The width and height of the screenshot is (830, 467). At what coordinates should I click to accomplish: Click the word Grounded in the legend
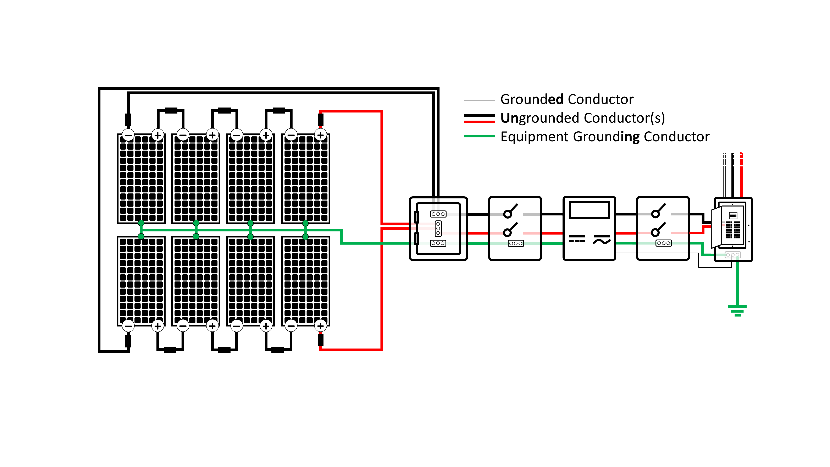(532, 99)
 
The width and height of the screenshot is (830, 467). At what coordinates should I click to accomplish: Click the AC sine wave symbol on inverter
(601, 240)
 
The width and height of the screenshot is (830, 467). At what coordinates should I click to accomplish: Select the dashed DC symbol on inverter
(577, 239)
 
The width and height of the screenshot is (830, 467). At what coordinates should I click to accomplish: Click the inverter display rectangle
(589, 210)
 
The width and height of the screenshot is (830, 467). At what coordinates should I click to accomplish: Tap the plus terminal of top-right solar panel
(320, 135)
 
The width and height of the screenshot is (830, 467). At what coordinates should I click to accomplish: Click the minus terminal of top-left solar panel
(128, 135)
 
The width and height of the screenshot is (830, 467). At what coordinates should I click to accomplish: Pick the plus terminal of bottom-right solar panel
(320, 326)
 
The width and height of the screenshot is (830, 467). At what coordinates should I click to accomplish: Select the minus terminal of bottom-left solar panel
(128, 326)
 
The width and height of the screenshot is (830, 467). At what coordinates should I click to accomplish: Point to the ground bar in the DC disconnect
(515, 243)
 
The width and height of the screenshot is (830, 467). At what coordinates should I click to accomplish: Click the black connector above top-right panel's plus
(320, 120)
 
